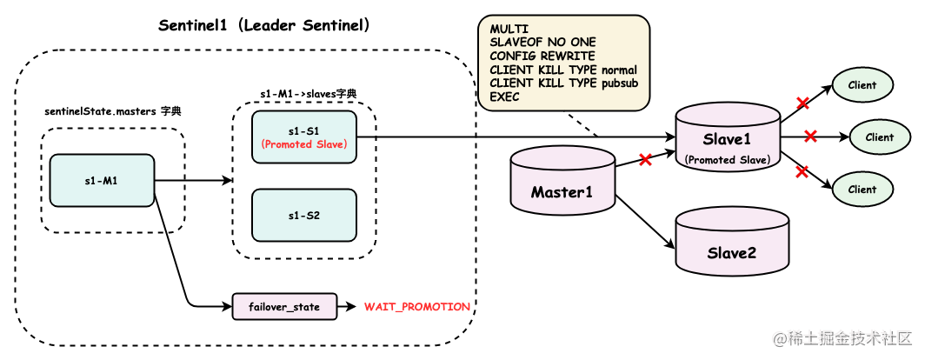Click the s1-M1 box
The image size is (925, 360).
(102, 181)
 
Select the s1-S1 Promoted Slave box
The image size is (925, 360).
(304, 137)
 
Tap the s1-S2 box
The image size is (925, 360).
(304, 215)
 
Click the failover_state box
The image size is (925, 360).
(284, 307)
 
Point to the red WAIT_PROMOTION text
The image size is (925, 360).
(417, 307)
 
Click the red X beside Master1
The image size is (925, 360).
(645, 160)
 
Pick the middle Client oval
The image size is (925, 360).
(879, 137)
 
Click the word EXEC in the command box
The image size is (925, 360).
(504, 96)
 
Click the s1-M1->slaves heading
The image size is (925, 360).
(308, 93)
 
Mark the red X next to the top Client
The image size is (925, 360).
(802, 103)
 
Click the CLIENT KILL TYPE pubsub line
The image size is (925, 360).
(562, 83)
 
